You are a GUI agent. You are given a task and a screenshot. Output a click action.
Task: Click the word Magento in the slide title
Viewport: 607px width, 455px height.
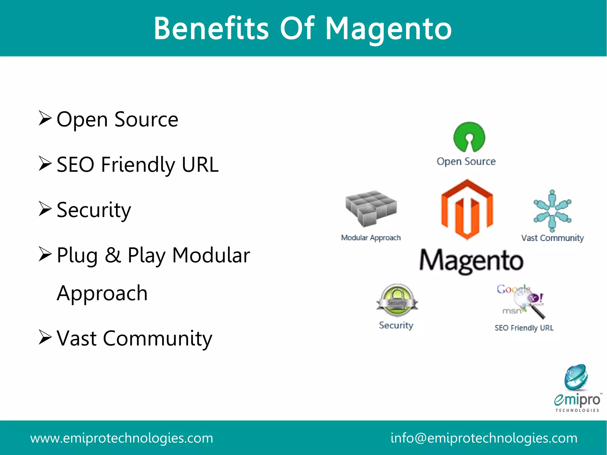(389, 29)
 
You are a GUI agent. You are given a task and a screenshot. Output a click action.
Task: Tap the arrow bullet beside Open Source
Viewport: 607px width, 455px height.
(45, 118)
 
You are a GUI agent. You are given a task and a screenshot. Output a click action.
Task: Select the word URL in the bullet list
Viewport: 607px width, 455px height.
(200, 165)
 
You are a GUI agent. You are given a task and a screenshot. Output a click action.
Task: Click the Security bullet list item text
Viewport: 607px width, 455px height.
(94, 210)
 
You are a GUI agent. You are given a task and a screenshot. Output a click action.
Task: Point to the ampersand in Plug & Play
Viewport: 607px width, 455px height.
(113, 255)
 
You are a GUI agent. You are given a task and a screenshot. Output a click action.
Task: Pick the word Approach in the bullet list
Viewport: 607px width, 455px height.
(102, 293)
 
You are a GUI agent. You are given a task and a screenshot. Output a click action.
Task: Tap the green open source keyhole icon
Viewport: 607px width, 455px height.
(469, 137)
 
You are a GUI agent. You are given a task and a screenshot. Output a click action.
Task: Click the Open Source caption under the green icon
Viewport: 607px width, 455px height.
(466, 162)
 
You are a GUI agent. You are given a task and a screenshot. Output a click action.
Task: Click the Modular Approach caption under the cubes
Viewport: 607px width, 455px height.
(371, 238)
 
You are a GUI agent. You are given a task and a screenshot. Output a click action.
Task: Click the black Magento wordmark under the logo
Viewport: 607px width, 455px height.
(471, 261)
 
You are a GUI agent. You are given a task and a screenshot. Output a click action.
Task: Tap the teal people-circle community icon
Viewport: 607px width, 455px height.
(552, 211)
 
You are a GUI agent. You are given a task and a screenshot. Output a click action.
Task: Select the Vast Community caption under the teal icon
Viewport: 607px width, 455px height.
(552, 238)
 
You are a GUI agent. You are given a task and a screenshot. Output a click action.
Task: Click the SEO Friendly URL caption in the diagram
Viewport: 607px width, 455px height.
(524, 328)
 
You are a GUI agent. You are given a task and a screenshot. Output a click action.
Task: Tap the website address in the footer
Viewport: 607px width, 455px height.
(122, 438)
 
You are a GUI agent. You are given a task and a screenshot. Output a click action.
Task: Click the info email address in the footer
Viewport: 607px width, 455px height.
(484, 438)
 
